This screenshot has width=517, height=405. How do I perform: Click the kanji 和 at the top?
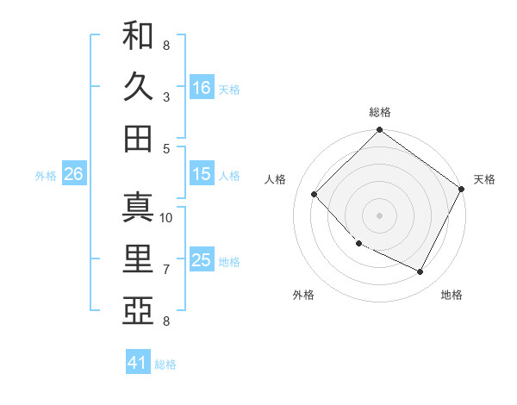138,36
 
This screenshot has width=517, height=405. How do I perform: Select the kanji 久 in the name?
138,86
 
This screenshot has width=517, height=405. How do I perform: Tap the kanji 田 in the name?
138,138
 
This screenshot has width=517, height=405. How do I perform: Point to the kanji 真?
138,208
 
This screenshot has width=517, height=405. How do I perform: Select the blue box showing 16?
202,87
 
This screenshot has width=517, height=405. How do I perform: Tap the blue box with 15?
202,174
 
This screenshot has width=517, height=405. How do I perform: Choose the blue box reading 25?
202,260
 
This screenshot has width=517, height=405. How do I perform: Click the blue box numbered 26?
73,174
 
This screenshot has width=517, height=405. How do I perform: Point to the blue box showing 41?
138,363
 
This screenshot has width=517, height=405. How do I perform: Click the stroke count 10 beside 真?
167,217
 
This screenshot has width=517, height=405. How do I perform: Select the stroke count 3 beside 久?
166,97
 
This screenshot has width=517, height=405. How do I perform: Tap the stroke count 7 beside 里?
166,270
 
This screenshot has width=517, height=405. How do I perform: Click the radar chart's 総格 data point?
379,131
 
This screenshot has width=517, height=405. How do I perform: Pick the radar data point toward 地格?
420,272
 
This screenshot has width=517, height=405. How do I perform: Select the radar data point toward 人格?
315,194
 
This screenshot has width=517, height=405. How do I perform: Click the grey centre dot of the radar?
379,215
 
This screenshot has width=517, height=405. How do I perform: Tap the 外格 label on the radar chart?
303,295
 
